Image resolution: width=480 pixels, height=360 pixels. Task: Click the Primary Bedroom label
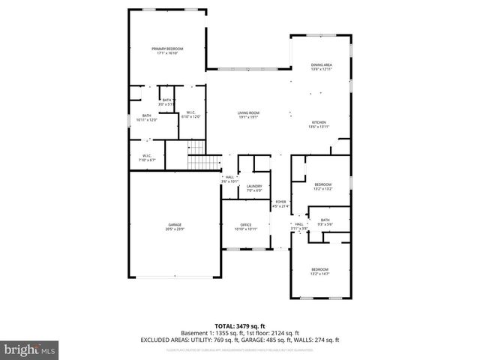click(x=170, y=50)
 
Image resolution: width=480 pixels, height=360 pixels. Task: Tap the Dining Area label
click(x=321, y=67)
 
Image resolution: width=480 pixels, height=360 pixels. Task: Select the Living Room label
click(x=248, y=114)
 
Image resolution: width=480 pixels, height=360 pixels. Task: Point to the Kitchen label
click(x=319, y=124)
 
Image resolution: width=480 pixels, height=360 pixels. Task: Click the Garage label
click(x=175, y=226)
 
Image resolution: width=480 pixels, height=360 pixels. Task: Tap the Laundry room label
click(x=253, y=187)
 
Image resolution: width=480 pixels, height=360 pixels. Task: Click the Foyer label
click(x=280, y=203)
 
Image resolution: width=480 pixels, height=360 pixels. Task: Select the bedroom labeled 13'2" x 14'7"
click(x=320, y=271)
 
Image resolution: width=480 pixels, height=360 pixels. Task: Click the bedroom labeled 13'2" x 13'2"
click(x=322, y=187)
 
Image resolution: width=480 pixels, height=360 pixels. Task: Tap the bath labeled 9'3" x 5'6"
click(x=325, y=222)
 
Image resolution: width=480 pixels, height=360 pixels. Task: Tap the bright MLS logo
click(x=28, y=349)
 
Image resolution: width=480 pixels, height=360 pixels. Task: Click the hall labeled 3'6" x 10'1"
click(x=229, y=179)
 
